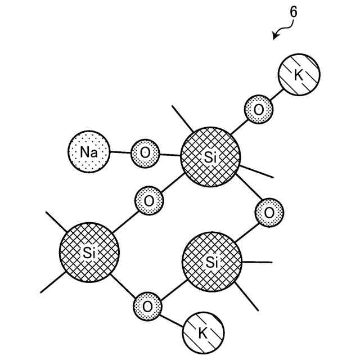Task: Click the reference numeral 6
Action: (294, 11)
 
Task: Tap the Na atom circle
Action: (88, 152)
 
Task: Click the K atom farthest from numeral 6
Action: (203, 334)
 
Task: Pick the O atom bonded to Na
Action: (145, 152)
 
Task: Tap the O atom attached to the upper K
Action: (258, 109)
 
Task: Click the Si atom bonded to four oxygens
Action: (210, 157)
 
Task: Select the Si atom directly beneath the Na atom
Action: (89, 253)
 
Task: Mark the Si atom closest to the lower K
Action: (212, 262)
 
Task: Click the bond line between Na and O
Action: (120, 152)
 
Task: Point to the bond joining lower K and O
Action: (173, 319)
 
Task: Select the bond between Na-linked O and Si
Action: (170, 153)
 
